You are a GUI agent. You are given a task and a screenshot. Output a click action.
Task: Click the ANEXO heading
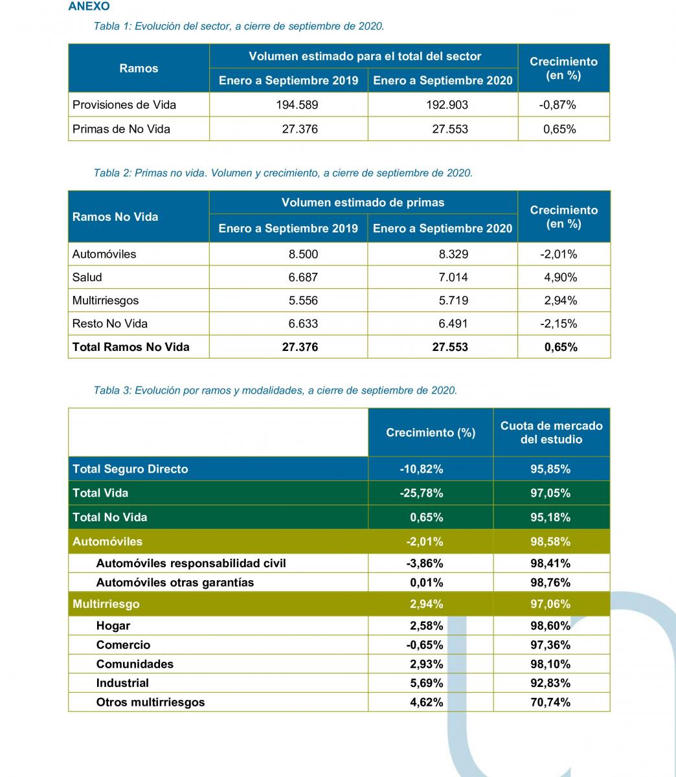tap(89, 6)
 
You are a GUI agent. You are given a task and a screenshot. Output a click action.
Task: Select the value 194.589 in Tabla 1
tap(297, 104)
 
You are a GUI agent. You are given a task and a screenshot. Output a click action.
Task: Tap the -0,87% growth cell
tap(557, 104)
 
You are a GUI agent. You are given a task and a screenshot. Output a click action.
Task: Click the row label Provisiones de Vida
tap(124, 104)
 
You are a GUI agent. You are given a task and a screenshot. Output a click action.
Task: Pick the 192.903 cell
tap(447, 104)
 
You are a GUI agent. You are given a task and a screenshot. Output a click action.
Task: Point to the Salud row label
tap(87, 277)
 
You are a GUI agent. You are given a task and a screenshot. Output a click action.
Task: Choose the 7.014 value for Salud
tap(453, 277)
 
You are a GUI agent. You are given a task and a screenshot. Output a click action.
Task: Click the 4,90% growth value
tap(561, 277)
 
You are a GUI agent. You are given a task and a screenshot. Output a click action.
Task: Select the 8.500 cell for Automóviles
tap(303, 254)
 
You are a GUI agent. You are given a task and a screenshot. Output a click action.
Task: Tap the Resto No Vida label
tap(110, 324)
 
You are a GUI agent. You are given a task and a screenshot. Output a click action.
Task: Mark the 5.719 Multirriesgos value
tap(453, 300)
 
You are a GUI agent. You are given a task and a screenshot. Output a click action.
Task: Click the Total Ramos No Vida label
tap(131, 346)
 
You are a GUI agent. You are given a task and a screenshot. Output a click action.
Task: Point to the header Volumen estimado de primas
tap(363, 203)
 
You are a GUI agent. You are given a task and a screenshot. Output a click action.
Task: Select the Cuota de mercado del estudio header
tap(552, 433)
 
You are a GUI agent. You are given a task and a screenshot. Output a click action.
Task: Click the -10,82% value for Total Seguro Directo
tap(422, 469)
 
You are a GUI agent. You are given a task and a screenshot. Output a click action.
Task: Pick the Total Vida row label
tap(100, 493)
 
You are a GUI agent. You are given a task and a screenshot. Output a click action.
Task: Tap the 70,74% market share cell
tap(550, 702)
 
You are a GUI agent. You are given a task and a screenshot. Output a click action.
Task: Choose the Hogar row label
tap(113, 626)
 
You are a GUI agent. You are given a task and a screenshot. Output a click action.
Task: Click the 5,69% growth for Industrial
tap(427, 683)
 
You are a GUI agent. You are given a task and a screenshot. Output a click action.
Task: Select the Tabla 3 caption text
tap(275, 390)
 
